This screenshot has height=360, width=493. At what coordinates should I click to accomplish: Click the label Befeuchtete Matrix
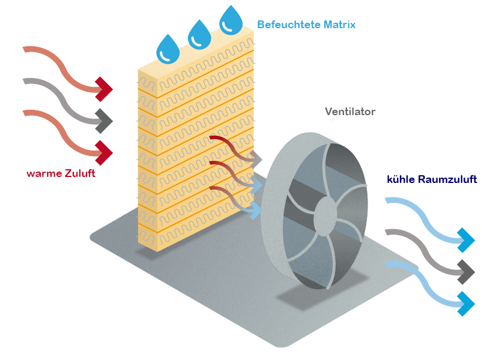[x=306, y=25]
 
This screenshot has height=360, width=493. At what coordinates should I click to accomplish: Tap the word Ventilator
[x=350, y=112]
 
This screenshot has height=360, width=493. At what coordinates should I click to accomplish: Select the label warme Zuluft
[x=61, y=174]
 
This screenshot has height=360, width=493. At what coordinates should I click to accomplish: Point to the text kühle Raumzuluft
[x=432, y=179]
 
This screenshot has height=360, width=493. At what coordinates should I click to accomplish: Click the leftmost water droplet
[x=168, y=49]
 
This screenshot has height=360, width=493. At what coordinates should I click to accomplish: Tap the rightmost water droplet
[x=231, y=20]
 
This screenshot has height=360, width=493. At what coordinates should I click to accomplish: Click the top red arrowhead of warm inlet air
[x=104, y=89]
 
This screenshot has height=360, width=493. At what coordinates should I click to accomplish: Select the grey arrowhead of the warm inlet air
[x=104, y=121]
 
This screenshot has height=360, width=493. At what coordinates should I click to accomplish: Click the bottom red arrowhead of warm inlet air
[x=104, y=152]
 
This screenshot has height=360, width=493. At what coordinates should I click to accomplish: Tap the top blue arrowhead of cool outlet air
[x=466, y=239]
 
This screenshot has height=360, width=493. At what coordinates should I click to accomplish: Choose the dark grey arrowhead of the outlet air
[x=466, y=272]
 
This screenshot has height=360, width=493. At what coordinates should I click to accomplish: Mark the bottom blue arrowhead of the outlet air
[x=466, y=304]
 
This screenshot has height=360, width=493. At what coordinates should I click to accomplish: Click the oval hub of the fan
[x=325, y=215]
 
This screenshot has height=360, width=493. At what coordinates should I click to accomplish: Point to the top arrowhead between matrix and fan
[x=256, y=159]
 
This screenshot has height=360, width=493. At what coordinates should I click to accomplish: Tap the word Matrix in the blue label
[x=339, y=25]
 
